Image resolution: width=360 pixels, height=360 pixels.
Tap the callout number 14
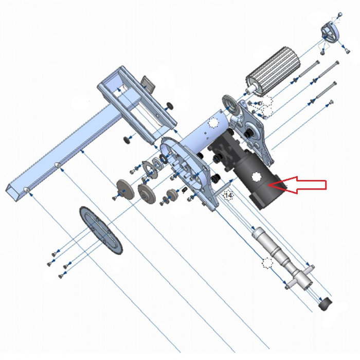pos(228,195)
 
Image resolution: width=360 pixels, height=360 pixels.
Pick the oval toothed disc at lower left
pos(101,229)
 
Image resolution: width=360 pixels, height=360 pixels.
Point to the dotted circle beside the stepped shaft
pos(266,263)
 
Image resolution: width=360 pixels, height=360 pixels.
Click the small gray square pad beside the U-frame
pos(149,83)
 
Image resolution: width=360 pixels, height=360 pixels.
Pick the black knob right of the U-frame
pos(169,105)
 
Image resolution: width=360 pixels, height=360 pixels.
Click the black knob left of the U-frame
pos(125,139)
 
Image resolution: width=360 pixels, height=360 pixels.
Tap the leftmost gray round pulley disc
pos(122,188)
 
